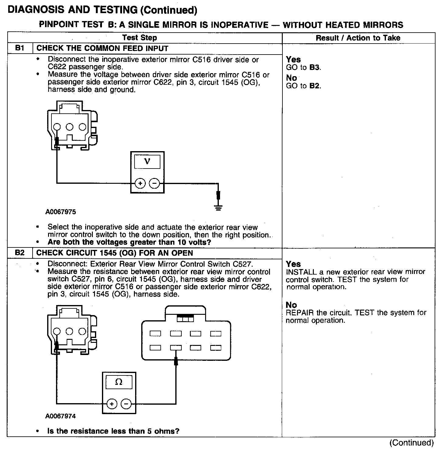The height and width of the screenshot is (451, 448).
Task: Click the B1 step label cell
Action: click(x=19, y=48)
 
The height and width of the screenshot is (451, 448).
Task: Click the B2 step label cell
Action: click(x=19, y=253)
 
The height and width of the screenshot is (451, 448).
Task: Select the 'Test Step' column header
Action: click(x=139, y=38)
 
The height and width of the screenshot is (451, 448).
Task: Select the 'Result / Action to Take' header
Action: click(x=358, y=38)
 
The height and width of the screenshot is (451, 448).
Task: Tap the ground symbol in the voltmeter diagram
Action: click(x=218, y=208)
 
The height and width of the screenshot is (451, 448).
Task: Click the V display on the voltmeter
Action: click(x=147, y=161)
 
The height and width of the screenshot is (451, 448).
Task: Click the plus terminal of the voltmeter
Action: click(x=140, y=183)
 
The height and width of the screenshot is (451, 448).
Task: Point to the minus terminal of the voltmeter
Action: click(x=154, y=183)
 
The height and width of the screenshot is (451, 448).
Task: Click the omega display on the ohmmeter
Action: click(x=119, y=382)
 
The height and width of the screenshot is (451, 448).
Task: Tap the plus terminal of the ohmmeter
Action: click(x=112, y=404)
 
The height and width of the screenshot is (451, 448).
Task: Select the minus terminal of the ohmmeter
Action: click(x=126, y=404)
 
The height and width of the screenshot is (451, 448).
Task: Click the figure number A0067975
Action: click(x=61, y=212)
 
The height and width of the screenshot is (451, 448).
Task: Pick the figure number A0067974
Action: click(x=61, y=416)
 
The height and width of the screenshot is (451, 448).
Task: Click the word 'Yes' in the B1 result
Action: click(x=293, y=59)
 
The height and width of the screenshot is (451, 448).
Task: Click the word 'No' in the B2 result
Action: click(x=291, y=305)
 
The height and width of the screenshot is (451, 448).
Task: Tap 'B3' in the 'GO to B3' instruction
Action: click(x=315, y=67)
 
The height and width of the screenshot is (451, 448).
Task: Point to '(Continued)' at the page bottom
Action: click(x=411, y=442)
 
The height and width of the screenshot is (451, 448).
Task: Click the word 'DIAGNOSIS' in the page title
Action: click(x=36, y=10)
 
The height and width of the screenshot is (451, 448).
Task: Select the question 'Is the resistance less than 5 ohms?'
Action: click(x=113, y=431)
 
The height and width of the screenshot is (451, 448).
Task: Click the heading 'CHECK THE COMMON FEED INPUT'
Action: click(x=102, y=48)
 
